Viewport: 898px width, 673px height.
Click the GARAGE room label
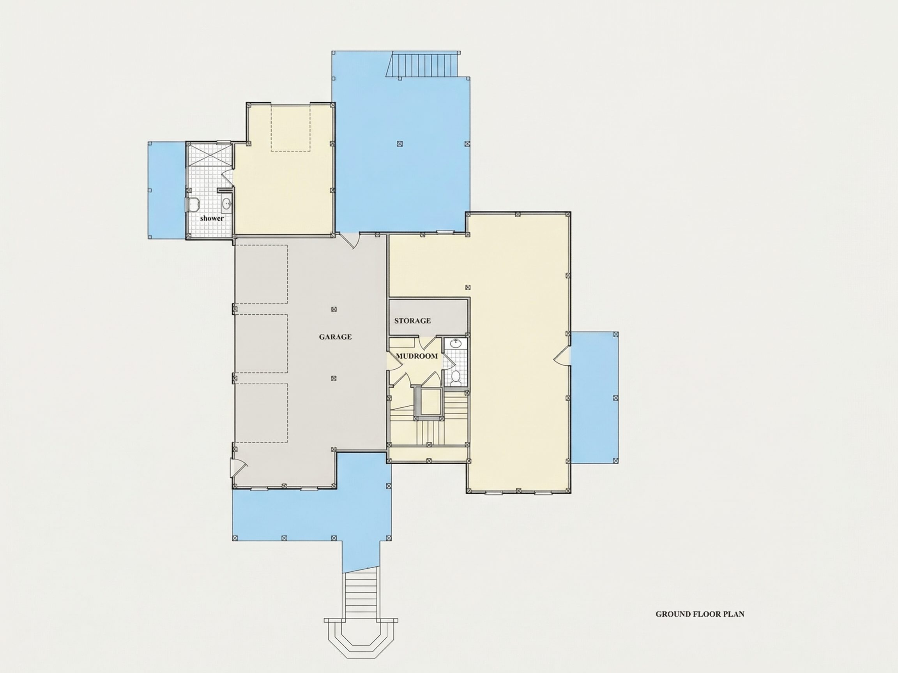[x=335, y=337]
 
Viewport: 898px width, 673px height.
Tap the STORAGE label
[x=412, y=321]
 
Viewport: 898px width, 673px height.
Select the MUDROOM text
[x=417, y=356]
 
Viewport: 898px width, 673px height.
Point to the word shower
[x=212, y=218]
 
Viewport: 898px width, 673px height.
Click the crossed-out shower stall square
[x=209, y=154]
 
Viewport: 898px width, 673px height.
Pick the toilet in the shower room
[x=193, y=204]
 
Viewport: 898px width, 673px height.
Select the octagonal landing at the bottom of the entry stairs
[x=361, y=642]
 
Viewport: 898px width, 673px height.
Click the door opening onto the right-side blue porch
[x=562, y=356]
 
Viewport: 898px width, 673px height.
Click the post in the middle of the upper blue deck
[x=400, y=143]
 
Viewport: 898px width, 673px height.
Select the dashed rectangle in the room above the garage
[x=291, y=127]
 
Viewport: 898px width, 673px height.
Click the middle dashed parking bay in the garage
[x=262, y=343]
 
